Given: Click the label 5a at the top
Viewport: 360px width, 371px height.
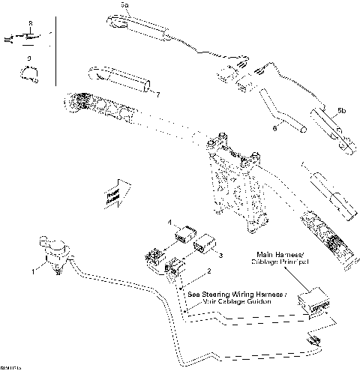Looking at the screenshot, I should pos(125,5).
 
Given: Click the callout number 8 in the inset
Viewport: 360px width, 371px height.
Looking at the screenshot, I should pos(29,25).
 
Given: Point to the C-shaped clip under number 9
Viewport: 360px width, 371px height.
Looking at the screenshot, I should pos(28,72).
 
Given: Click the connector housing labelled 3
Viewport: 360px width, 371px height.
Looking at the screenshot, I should pos(205,244).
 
